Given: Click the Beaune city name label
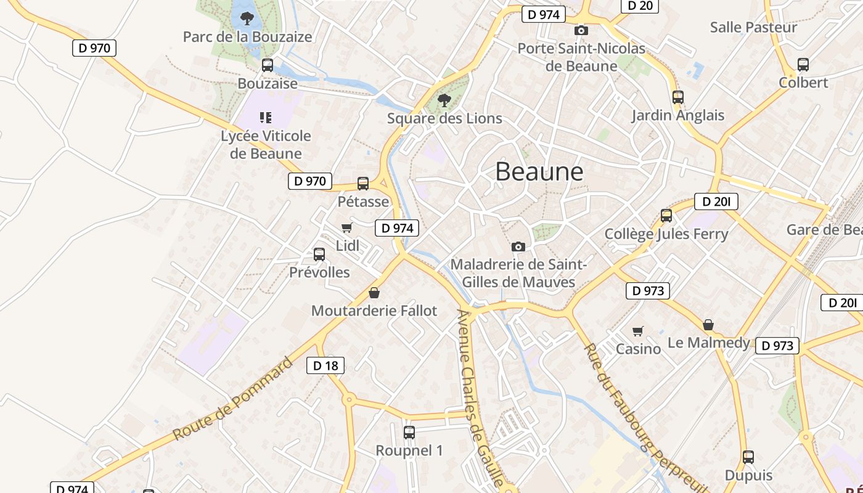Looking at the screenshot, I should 539,171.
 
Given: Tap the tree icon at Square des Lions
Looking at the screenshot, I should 444,100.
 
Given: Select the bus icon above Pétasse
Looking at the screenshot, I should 363,184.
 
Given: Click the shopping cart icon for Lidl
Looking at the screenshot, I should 346,228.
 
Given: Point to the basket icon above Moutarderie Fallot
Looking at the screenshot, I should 374,293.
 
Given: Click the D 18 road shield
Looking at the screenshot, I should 325,365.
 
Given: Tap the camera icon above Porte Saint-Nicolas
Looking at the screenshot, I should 581,31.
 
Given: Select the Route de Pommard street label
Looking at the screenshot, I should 232,399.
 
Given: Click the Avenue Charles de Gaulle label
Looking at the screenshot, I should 479,397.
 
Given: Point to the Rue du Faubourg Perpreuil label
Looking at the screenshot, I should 644,418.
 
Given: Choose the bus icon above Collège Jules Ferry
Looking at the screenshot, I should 666,216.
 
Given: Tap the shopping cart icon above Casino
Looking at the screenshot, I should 638,332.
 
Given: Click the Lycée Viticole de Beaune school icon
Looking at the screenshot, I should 266,117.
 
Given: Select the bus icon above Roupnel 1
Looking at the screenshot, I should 409,433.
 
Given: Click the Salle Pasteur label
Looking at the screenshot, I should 753,27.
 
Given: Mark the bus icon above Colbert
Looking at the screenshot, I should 803,65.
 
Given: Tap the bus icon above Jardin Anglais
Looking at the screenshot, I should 678,97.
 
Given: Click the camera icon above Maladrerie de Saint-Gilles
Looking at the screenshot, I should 518,246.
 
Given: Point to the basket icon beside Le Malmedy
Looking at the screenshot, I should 709,325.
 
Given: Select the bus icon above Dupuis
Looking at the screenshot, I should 748,457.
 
